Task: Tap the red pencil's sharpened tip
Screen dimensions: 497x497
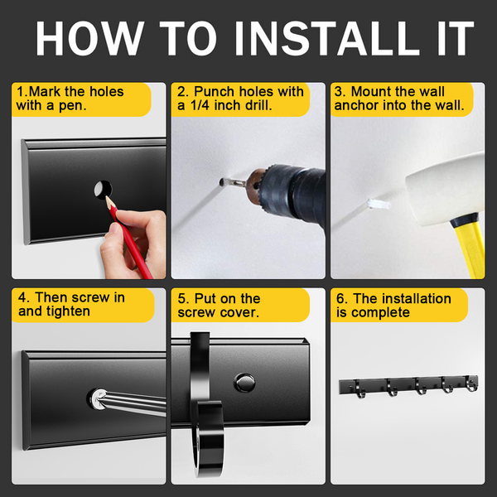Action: click(107, 197)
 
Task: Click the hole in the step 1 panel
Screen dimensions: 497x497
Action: click(103, 190)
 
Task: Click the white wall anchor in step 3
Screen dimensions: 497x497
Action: click(379, 204)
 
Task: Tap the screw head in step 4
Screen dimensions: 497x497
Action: click(96, 398)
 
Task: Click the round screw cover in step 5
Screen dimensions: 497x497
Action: click(244, 383)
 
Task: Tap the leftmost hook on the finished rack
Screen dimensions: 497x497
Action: click(359, 389)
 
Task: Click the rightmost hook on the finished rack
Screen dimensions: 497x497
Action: click(471, 383)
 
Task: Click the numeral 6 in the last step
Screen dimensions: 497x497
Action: click(340, 299)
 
